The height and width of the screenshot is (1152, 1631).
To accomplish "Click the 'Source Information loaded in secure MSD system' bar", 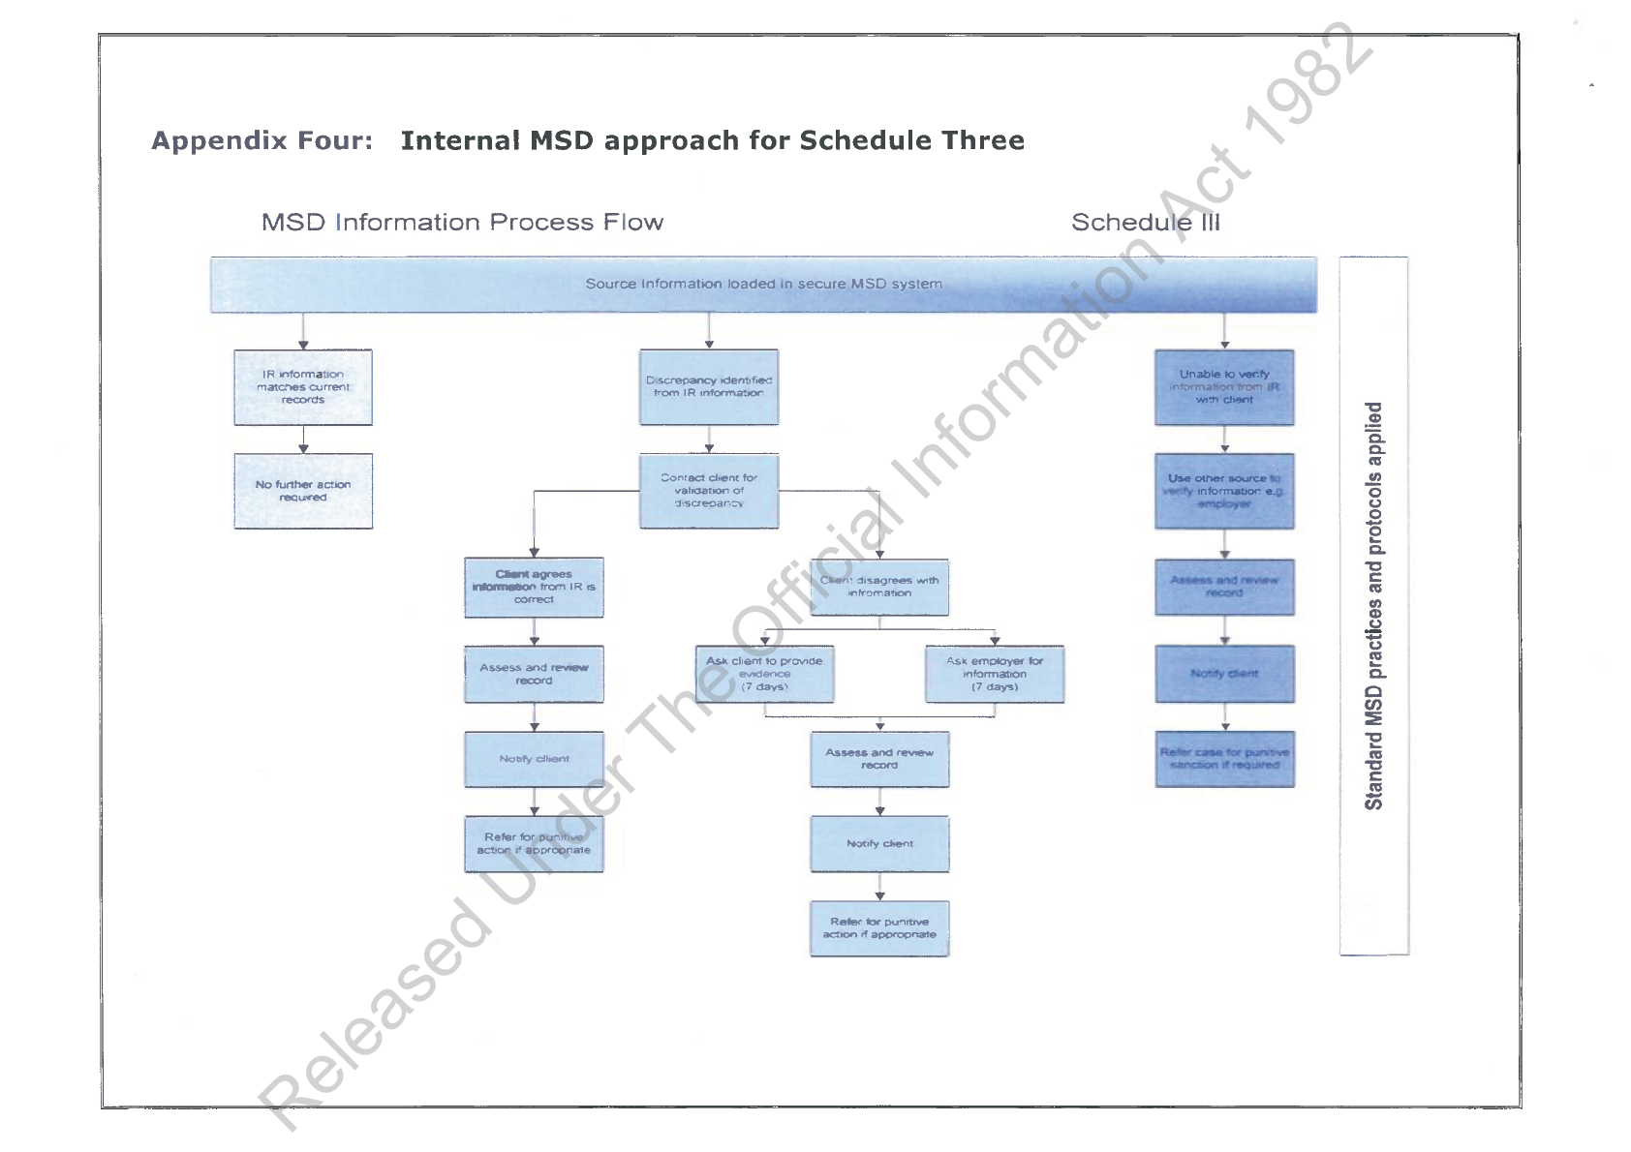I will coord(763,285).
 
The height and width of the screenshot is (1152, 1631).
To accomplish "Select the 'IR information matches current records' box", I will coord(303,387).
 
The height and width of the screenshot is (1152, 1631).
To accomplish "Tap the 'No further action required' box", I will coord(303,491).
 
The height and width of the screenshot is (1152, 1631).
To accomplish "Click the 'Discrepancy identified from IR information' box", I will coord(709,387).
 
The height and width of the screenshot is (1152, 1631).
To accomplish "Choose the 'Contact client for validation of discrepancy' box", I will coord(709,491).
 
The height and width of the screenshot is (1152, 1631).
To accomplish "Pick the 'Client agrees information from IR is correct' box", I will coord(534,588).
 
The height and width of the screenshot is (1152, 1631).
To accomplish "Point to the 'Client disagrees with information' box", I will coord(879,588).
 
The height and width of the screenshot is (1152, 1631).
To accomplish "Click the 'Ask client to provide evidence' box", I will coord(764,674).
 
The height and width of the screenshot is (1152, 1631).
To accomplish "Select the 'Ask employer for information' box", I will coord(995,674).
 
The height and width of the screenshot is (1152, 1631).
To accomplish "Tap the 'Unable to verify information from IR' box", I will coord(1224,387).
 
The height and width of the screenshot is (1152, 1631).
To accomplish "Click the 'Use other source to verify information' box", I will coord(1224,491).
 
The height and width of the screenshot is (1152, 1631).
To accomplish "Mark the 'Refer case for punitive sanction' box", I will coord(1224,759).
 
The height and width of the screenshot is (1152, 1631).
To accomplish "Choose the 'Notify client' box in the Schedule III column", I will coord(1224,674).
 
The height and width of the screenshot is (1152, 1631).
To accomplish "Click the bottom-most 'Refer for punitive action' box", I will coord(879,928).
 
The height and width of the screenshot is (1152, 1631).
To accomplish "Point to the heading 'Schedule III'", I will coord(1146,223).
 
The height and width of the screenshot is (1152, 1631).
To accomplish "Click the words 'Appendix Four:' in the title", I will coord(262,141).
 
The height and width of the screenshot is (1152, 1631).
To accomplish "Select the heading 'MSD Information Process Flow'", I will coord(462,223).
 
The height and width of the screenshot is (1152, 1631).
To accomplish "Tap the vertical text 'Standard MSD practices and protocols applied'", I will coord(1373,606).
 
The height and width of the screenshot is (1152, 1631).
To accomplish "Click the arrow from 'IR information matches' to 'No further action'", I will coord(303,440).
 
